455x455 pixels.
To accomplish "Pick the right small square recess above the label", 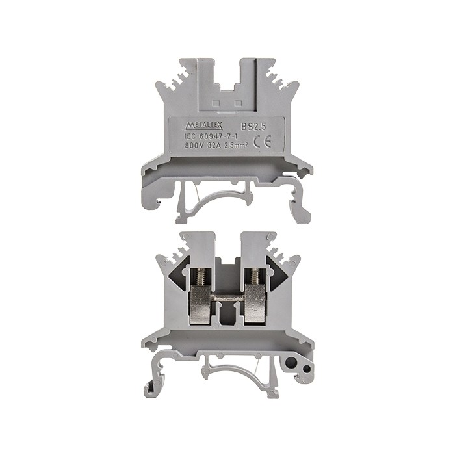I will point(238,103).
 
